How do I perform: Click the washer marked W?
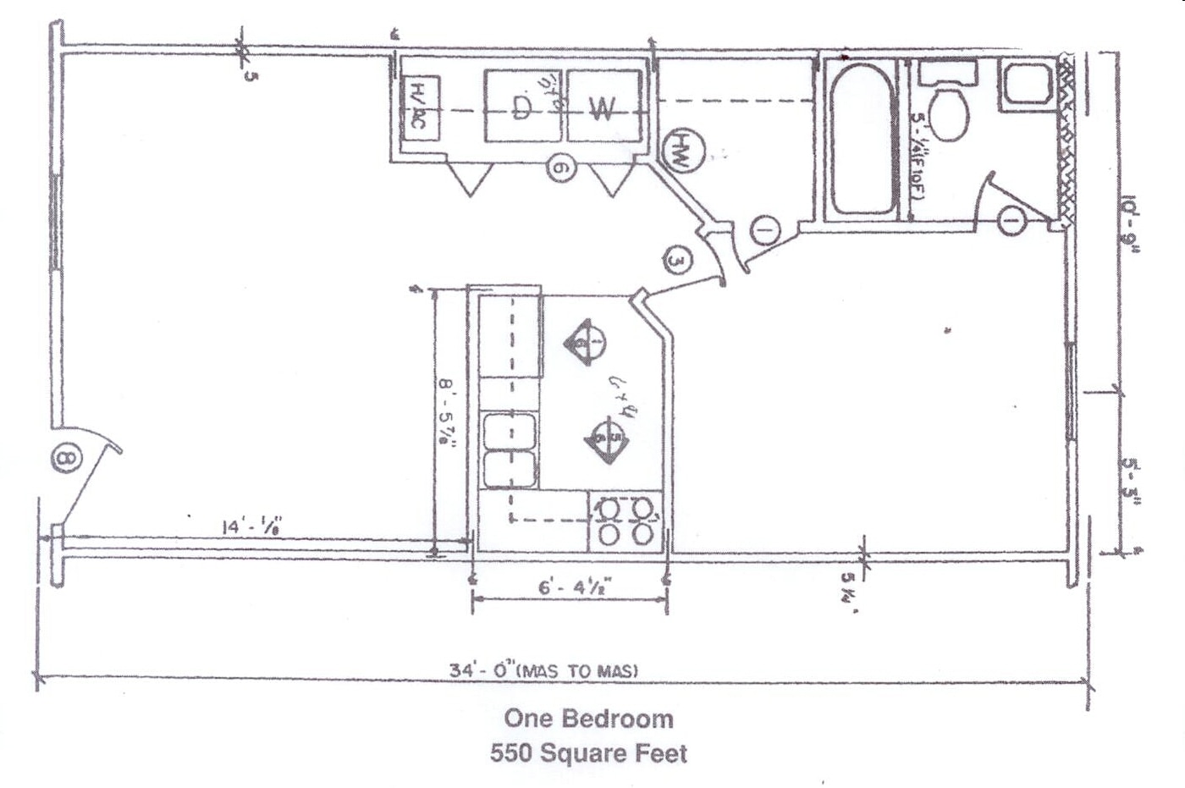pyautogui.click(x=602, y=107)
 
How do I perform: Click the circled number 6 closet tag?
pyautogui.click(x=561, y=168)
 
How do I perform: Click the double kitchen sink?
pyautogui.click(x=509, y=449)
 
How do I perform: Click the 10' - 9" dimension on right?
pyautogui.click(x=1131, y=223)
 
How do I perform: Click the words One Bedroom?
pyautogui.click(x=588, y=719)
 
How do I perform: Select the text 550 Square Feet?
pyautogui.click(x=588, y=752)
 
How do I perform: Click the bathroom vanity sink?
pyautogui.click(x=1025, y=85)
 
